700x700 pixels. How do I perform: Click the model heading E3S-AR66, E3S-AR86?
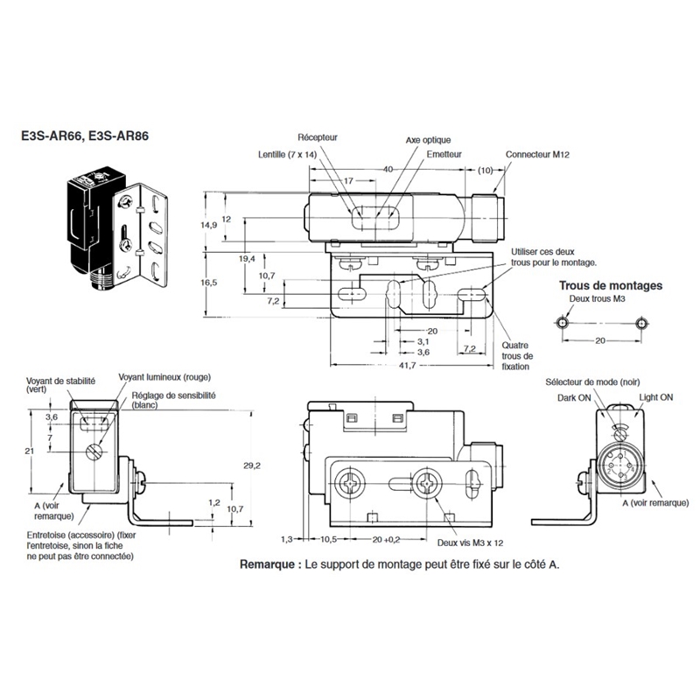[85, 136]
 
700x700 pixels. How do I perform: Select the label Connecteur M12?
[537, 155]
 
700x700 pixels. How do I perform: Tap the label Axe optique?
[428, 140]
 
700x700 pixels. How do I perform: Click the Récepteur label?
[318, 137]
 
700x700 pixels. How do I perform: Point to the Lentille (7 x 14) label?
[287, 155]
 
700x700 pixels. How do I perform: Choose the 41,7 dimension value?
[407, 365]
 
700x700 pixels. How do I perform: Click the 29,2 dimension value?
[252, 465]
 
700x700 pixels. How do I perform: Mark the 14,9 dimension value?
[208, 225]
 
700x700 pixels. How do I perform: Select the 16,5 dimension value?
[208, 283]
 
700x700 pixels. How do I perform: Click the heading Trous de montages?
[611, 286]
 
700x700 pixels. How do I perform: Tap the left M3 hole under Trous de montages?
[563, 323]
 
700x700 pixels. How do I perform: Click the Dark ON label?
[574, 398]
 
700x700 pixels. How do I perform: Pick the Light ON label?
[655, 397]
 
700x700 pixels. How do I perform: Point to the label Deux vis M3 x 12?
[470, 542]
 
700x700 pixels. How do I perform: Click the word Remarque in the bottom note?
[267, 564]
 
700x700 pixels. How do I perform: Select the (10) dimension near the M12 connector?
[486, 170]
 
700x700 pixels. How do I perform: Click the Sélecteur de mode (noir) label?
[592, 382]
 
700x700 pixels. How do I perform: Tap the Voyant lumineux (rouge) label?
[164, 377]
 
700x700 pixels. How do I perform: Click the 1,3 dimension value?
[287, 539]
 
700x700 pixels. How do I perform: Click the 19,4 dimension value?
[247, 259]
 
